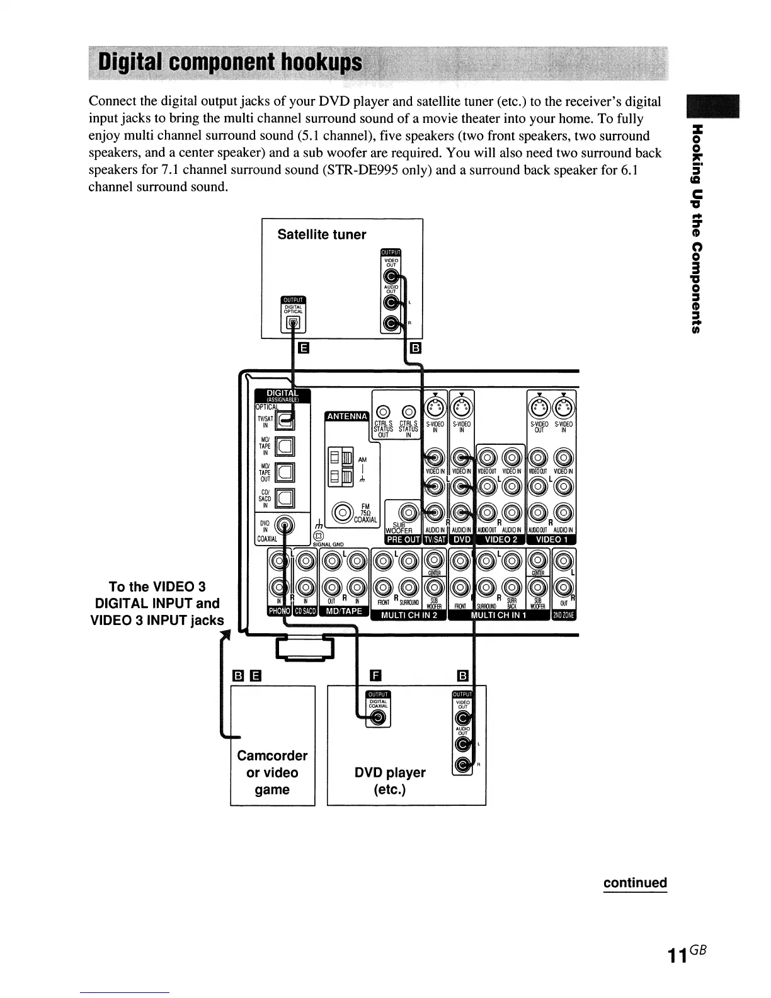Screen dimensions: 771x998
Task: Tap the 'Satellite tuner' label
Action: pos(321,234)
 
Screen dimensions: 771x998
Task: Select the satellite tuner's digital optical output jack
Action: pos(293,323)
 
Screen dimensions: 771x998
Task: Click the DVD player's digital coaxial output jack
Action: pos(377,719)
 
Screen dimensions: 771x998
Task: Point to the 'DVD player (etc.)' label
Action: pos(390,781)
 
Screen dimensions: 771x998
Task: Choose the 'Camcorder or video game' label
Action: pos(272,772)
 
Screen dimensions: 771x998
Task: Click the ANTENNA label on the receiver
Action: pos(345,416)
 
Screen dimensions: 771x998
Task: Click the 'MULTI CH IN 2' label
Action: pos(410,615)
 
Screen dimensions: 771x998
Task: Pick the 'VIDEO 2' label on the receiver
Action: pos(500,539)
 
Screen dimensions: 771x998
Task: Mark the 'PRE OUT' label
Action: pos(403,539)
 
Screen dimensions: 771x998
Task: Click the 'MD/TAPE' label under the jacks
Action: pos(344,611)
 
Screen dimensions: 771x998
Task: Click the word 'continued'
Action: pos(634,882)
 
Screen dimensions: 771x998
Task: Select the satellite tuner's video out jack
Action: pos(392,277)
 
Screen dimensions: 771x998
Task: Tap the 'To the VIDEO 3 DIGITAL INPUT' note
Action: pos(157,604)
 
